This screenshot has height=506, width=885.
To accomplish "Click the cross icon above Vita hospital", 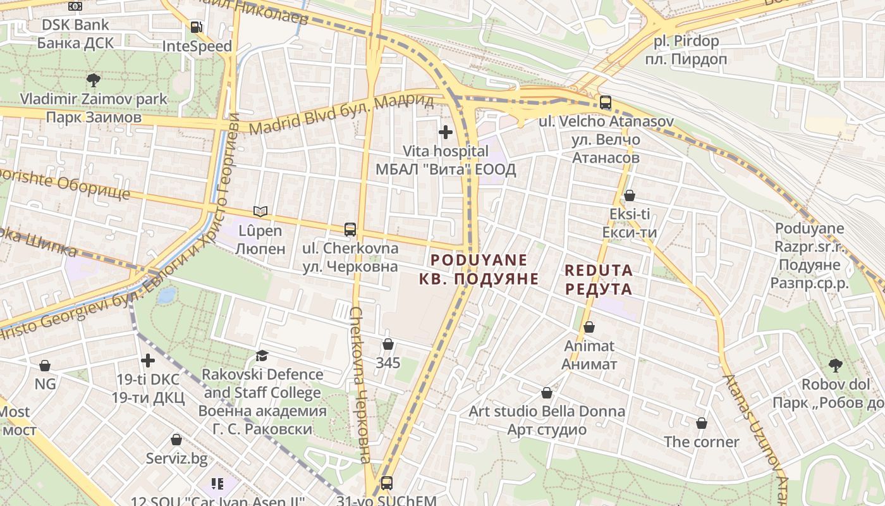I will (446, 132).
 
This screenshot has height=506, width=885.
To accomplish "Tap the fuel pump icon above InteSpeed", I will (197, 27).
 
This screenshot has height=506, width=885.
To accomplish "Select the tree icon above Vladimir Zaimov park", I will (94, 80).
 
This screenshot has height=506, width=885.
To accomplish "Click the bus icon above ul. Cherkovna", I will (350, 229).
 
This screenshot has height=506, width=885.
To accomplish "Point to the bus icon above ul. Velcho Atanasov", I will (606, 102).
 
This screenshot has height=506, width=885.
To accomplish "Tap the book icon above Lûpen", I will (260, 211).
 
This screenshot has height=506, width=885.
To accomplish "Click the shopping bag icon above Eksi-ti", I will (629, 195).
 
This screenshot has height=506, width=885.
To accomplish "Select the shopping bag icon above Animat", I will (589, 327).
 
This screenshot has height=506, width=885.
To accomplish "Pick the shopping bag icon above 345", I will (388, 344).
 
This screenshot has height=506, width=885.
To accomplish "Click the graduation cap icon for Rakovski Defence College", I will (262, 355).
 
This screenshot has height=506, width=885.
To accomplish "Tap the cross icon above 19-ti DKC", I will (148, 361).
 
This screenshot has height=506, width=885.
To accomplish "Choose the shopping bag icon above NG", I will (45, 366).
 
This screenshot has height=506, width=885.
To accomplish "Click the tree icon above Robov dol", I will (835, 365).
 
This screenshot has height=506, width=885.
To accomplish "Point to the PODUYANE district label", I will (479, 269).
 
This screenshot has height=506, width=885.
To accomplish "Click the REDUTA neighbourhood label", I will (598, 280).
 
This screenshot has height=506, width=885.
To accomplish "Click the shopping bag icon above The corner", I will (701, 423).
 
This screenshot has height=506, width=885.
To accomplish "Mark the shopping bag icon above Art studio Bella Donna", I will (547, 393).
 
